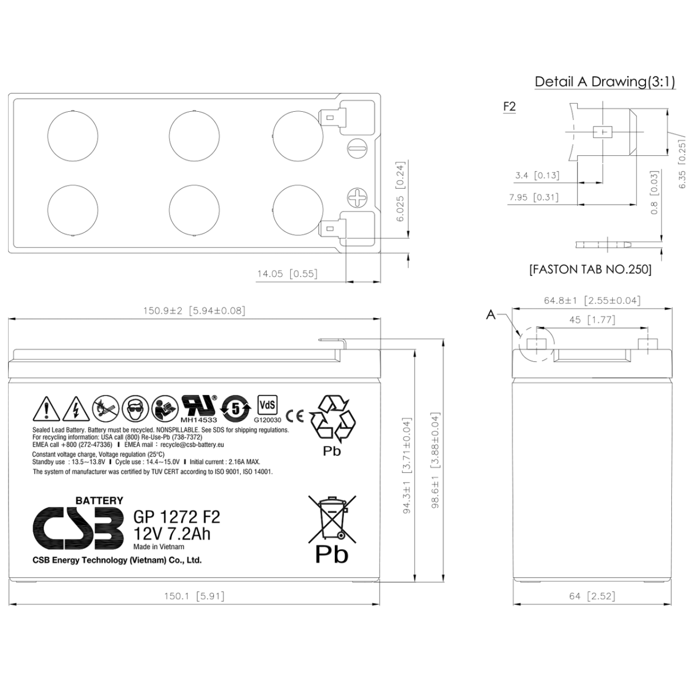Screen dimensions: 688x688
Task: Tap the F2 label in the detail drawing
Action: pyautogui.click(x=509, y=107)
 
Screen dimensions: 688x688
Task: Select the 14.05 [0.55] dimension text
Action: pyautogui.click(x=287, y=274)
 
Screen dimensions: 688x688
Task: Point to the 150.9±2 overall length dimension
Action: pyautogui.click(x=194, y=311)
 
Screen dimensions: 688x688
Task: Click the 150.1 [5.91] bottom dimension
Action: pyautogui.click(x=194, y=596)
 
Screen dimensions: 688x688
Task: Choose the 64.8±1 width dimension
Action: pyautogui.click(x=592, y=300)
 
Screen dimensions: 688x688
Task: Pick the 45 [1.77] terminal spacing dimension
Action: pyautogui.click(x=592, y=320)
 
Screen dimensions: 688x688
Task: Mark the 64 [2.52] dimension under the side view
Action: pyautogui.click(x=592, y=596)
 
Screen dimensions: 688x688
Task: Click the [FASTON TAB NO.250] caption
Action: pyautogui.click(x=590, y=269)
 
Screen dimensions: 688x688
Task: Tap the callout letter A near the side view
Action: pyautogui.click(x=491, y=314)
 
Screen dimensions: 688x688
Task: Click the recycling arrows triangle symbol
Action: pyautogui.click(x=333, y=419)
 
